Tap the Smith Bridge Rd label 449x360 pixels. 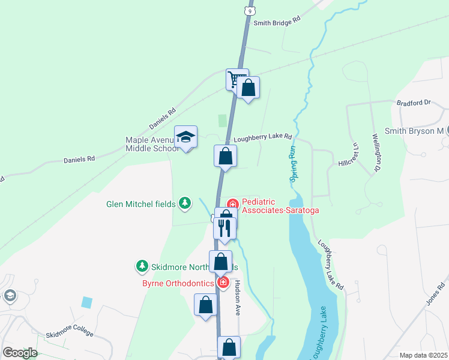point(276,23)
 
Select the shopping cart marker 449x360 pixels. point(236,79)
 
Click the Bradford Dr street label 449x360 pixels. point(414,103)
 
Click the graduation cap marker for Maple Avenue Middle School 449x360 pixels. point(185,137)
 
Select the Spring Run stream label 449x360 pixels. point(293,163)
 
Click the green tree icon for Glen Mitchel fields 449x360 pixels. point(185,204)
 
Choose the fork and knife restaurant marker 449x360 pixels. point(224,228)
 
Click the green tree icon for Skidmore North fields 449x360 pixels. point(142,265)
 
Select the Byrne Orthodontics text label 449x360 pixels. point(178,283)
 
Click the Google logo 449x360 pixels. point(20,352)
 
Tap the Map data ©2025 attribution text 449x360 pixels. point(423,355)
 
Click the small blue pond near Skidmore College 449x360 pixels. point(87,302)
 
